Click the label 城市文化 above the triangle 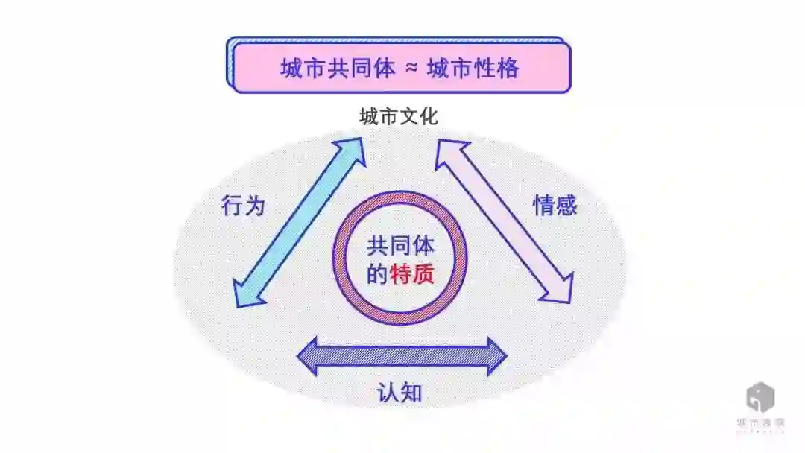[x=399, y=117]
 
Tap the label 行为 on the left [x=243, y=205]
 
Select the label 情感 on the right [x=555, y=205]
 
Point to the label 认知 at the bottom [x=400, y=392]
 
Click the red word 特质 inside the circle [x=412, y=275]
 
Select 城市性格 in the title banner [x=473, y=68]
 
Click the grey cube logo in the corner [x=760, y=397]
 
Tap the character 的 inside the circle [x=378, y=275]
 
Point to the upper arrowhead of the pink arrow [x=449, y=153]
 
